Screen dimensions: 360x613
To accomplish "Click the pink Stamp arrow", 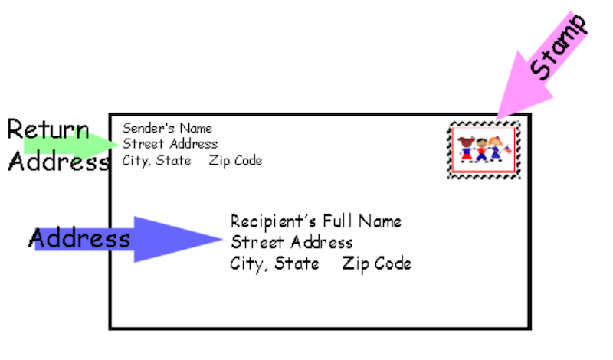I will pyautogui.click(x=536, y=77).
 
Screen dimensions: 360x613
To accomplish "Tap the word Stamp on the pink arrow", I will pyautogui.click(x=560, y=47).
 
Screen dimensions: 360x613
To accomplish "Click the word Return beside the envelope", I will pyautogui.click(x=48, y=129).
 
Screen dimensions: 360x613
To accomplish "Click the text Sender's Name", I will pyautogui.click(x=167, y=128).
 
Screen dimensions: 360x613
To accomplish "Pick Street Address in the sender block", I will pyautogui.click(x=170, y=144).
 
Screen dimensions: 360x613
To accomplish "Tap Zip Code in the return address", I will pyautogui.click(x=235, y=161).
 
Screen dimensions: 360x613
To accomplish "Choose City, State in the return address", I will pyautogui.click(x=156, y=161).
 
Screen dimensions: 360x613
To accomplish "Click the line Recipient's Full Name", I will pyautogui.click(x=316, y=222).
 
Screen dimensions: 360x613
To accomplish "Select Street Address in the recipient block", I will pyautogui.click(x=291, y=243).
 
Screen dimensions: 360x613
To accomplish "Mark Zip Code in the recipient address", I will pyautogui.click(x=376, y=263).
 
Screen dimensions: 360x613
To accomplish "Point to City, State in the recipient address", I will pyautogui.click(x=274, y=263).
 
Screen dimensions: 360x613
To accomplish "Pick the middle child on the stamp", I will pyautogui.click(x=482, y=150).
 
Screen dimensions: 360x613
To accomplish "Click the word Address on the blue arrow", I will pyautogui.click(x=80, y=239).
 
